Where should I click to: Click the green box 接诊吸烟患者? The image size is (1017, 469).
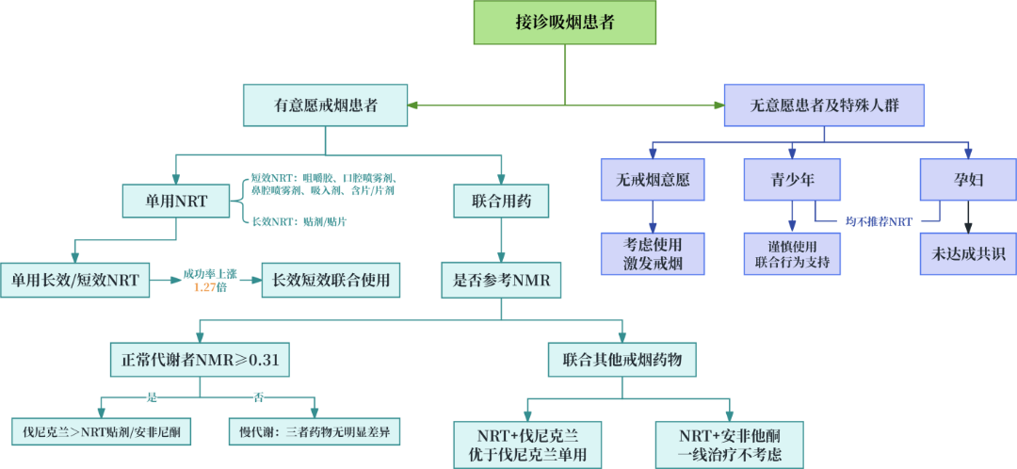(x=565, y=22)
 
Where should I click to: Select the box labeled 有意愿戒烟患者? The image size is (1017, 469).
(x=326, y=105)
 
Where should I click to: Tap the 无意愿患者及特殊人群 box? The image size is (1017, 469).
(x=824, y=105)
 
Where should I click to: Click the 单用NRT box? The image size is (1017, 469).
(x=176, y=202)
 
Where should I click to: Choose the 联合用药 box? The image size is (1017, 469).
(x=501, y=202)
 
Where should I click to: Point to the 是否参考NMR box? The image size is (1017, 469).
(x=501, y=280)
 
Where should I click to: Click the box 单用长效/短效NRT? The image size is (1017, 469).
(x=74, y=280)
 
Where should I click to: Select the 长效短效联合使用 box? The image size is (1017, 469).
(x=331, y=280)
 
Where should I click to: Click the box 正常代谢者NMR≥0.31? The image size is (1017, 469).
(x=200, y=360)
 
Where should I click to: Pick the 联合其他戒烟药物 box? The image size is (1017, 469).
(x=622, y=360)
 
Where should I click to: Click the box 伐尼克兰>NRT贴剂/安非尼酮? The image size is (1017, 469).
(x=102, y=431)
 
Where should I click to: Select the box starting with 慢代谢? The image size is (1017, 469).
(x=315, y=431)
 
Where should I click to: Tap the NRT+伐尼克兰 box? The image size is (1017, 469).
(x=526, y=445)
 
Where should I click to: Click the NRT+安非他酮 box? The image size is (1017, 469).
(x=729, y=445)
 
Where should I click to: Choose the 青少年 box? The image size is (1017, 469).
(x=792, y=180)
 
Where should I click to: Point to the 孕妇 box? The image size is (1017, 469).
(x=968, y=180)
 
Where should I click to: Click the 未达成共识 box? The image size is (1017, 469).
(x=968, y=253)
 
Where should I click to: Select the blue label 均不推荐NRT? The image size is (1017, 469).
(x=880, y=221)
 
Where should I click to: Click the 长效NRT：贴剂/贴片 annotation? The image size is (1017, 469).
(x=299, y=221)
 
